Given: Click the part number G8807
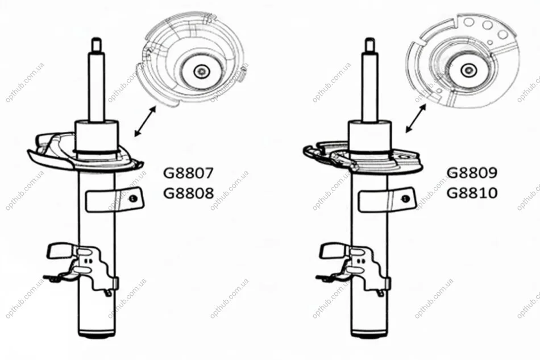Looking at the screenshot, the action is (x=188, y=173).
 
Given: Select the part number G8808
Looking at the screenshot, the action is (x=188, y=193).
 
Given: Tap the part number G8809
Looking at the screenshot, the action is (x=472, y=173).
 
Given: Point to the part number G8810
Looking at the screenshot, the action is (x=472, y=193).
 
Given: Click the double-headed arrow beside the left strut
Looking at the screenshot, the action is (x=145, y=121).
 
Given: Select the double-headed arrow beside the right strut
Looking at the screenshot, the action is (x=416, y=118).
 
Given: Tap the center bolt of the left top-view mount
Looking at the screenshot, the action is (x=201, y=72).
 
